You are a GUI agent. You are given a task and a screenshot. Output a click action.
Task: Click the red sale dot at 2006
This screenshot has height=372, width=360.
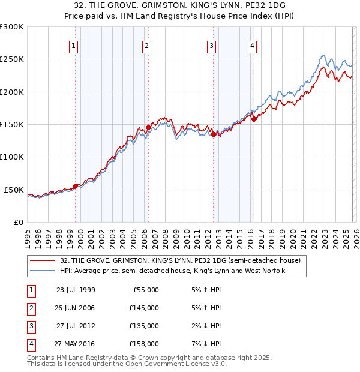tap(148, 127)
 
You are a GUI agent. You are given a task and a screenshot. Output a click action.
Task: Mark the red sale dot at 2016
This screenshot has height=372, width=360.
tap(254, 119)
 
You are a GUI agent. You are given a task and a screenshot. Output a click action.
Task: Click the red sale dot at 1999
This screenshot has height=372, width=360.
tap(75, 186)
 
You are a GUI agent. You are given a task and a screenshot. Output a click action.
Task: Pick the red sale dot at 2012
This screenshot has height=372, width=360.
tap(213, 134)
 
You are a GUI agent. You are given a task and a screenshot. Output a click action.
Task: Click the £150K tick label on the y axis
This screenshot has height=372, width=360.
tap(13, 124)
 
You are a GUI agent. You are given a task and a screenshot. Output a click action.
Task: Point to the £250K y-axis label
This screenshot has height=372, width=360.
tap(13, 59)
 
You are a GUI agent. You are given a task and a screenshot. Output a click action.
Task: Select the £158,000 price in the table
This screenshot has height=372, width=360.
tap(144, 344)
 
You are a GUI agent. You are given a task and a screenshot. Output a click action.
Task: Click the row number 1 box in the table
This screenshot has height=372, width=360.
tap(29, 289)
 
